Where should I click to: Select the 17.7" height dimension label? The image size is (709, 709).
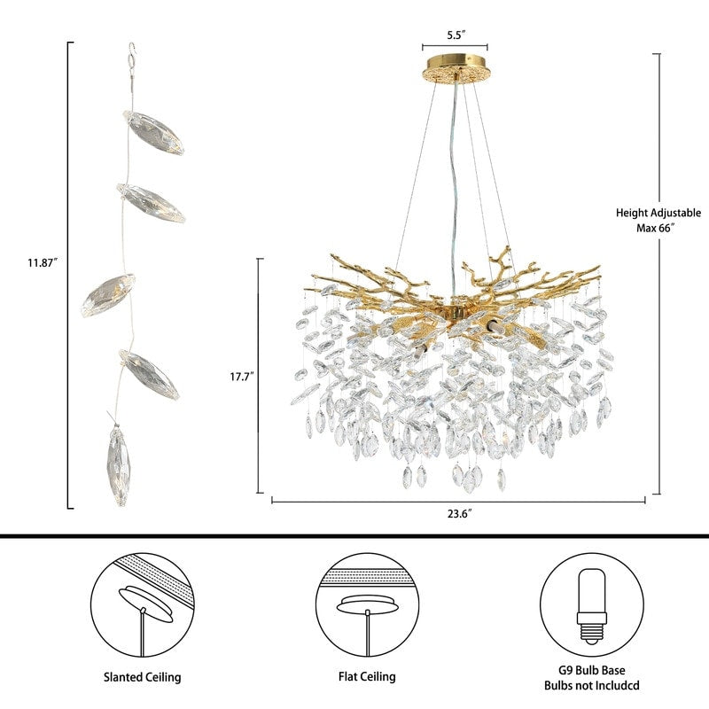pyautogui.click(x=242, y=376)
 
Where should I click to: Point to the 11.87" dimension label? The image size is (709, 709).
pyautogui.click(x=43, y=262)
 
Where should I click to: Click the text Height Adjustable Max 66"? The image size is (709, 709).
pyautogui.click(x=658, y=220)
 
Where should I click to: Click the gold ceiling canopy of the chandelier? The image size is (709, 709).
pyautogui.click(x=456, y=68)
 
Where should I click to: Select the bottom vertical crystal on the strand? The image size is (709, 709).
pyautogui.click(x=120, y=466)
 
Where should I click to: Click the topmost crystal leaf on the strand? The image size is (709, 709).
pyautogui.click(x=153, y=132)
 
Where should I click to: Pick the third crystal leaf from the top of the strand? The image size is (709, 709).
pyautogui.click(x=108, y=295)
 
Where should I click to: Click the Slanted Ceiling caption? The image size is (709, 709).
pyautogui.click(x=143, y=677)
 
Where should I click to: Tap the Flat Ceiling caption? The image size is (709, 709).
pyautogui.click(x=367, y=676)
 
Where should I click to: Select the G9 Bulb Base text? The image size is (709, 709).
pyautogui.click(x=592, y=670)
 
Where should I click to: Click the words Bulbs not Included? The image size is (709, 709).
pyautogui.click(x=592, y=685)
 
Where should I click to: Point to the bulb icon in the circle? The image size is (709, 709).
pyautogui.click(x=592, y=606)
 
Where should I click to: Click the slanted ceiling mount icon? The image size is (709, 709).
pyautogui.click(x=143, y=604)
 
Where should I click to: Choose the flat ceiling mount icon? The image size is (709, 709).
pyautogui.click(x=367, y=604)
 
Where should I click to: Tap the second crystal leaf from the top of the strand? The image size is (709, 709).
pyautogui.click(x=151, y=204)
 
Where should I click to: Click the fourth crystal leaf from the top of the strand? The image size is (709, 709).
pyautogui.click(x=150, y=374)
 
